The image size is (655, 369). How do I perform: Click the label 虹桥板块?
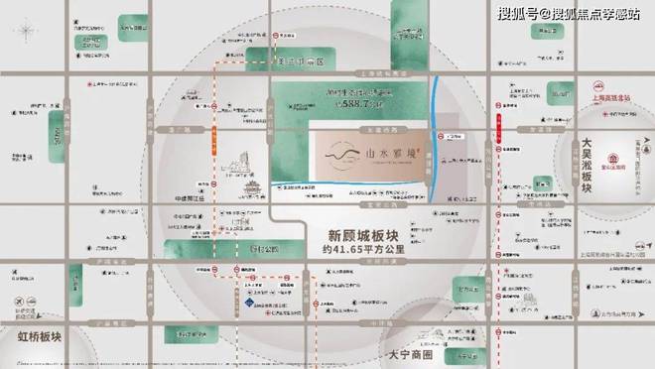click(32, 334)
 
